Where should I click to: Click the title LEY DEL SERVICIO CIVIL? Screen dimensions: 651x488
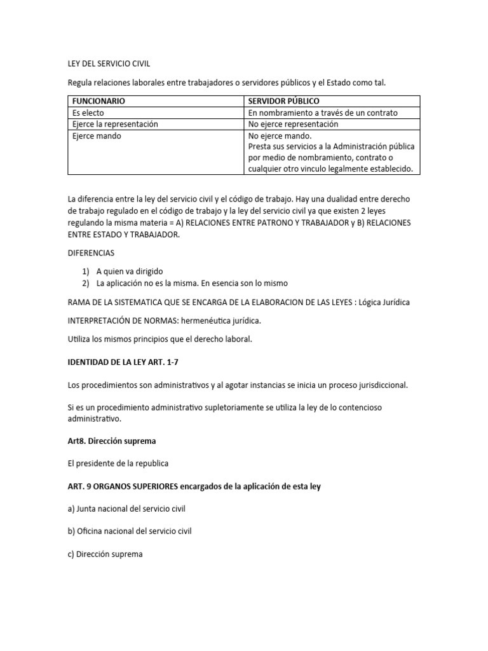point(109,64)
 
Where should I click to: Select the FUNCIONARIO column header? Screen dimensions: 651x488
point(98,101)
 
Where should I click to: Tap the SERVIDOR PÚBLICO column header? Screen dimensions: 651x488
point(284,101)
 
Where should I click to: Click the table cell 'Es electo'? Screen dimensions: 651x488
point(88,113)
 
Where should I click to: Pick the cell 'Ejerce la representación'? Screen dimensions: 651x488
point(115,124)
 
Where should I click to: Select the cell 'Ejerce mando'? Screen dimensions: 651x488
point(97,135)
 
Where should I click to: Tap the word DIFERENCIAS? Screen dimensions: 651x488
point(91,252)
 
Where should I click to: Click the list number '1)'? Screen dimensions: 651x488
point(86,270)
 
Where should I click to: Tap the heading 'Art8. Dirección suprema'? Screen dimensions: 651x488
point(111,440)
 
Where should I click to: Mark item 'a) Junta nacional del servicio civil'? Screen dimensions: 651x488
point(130,509)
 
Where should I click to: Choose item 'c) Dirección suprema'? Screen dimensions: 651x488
point(105,554)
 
